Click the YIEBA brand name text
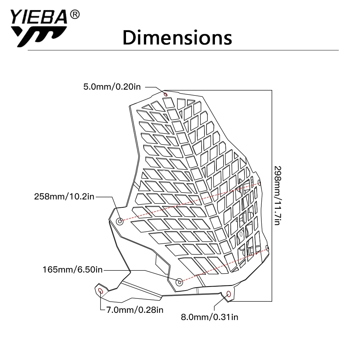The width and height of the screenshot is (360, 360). tap(39, 17)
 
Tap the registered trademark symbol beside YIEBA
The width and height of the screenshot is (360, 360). tap(75, 14)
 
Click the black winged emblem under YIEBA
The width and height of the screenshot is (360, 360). tap(39, 36)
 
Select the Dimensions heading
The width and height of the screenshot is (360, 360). tap(177, 37)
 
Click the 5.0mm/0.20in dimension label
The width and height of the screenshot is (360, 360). tap(112, 87)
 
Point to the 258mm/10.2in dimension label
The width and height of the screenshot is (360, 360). tap(64, 197)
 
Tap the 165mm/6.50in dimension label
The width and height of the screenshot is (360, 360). tap(73, 270)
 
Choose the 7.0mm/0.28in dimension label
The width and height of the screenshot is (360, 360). tap(135, 310)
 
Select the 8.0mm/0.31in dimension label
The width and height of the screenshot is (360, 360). tap(210, 317)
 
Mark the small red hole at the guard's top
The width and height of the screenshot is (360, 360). tap(166, 94)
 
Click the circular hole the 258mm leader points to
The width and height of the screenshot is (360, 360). tap(120, 221)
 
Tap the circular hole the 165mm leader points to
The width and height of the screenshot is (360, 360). tap(179, 282)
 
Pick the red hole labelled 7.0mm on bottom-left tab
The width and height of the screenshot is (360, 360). tap(100, 291)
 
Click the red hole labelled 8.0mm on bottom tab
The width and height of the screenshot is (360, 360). tap(229, 294)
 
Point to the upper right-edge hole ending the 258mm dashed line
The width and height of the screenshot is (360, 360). tap(260, 183)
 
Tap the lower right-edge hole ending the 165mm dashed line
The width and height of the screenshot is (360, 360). tap(267, 248)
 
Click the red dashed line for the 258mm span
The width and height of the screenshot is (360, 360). tap(190, 202)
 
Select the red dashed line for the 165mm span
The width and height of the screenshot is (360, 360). tap(223, 265)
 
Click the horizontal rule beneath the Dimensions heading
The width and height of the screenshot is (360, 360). tap(183, 50)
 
